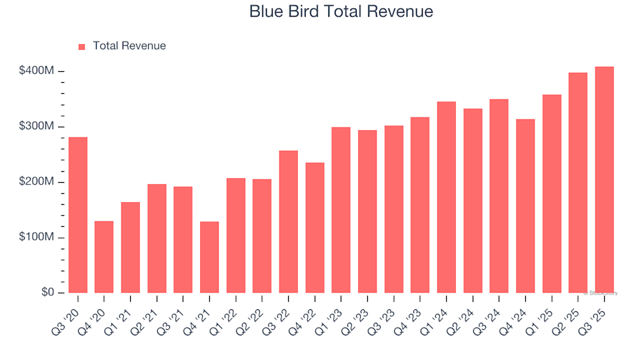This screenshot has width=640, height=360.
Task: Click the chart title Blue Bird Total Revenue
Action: click(341, 11)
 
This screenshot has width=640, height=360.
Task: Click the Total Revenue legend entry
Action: click(129, 46)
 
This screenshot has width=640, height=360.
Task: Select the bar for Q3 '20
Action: click(78, 215)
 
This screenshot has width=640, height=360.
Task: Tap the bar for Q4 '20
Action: click(104, 257)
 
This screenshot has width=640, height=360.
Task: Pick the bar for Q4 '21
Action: click(209, 257)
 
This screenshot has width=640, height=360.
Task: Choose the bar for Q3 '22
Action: click(289, 221)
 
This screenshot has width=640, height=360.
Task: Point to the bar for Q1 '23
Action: click(341, 210)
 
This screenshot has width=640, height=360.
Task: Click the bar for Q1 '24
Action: click(447, 197)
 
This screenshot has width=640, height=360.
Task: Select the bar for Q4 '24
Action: click(525, 206)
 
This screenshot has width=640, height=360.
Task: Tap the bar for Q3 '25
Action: click(605, 180)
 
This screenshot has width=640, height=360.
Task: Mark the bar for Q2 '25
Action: click(578, 183)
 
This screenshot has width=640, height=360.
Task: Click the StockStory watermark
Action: click(601, 293)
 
